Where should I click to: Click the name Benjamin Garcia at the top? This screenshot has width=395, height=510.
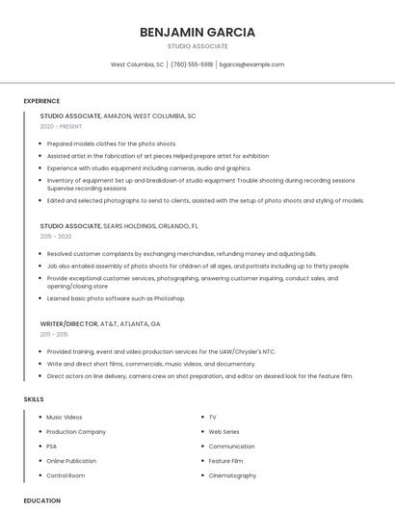197,32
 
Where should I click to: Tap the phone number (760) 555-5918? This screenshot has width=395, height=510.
192,64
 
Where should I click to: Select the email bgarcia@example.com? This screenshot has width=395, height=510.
251,64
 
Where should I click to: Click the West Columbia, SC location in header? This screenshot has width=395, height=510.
137,64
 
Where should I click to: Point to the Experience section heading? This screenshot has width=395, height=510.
41,101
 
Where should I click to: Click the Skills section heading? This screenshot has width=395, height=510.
34,398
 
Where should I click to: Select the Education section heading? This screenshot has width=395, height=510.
41,500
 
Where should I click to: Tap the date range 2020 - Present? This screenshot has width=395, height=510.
62,127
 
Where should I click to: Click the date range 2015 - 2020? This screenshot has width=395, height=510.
56,236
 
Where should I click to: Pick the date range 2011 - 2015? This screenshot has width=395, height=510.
54,334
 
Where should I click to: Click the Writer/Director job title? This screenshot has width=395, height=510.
69,324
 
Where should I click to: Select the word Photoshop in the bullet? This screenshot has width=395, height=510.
168,298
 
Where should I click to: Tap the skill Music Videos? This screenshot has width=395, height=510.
65,418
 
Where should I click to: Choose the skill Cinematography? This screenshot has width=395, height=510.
232,475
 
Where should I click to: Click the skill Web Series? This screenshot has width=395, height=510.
224,432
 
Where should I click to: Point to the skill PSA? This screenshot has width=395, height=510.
53,446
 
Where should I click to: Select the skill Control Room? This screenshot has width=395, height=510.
66,475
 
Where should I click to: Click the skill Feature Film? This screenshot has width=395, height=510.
225,461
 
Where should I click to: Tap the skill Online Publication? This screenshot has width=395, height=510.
71,461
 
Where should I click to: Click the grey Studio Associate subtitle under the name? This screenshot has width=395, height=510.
197,46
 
